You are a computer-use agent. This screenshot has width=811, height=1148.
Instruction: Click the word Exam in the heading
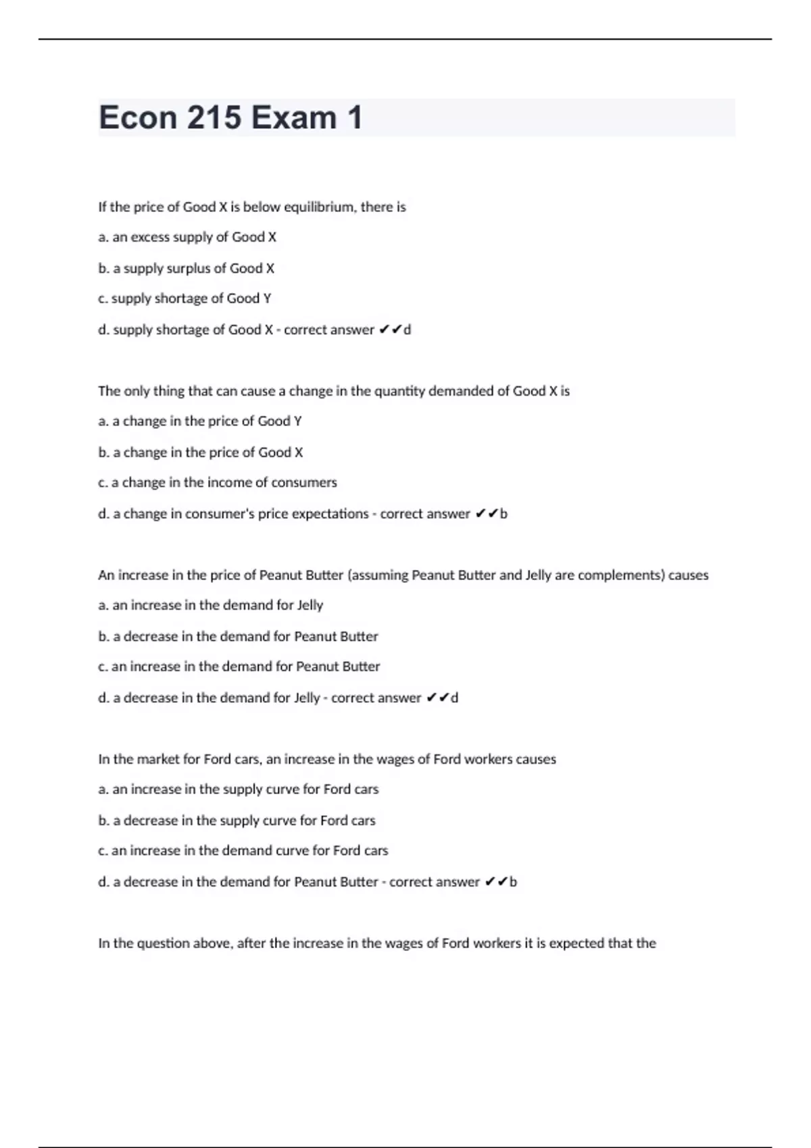293,118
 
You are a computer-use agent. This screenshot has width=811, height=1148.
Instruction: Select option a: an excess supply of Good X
187,237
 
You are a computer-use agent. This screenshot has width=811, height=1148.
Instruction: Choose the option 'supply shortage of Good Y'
185,298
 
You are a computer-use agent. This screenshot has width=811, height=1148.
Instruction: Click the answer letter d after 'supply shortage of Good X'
407,330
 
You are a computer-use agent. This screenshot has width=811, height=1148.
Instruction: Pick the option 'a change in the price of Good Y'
200,421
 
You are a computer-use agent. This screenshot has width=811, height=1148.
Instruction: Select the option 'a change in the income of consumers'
218,483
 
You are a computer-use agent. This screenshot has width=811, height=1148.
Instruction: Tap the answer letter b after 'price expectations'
503,514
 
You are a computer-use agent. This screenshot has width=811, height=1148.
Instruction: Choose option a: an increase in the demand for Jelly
211,606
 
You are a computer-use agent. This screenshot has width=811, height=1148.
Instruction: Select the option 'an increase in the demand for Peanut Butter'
239,667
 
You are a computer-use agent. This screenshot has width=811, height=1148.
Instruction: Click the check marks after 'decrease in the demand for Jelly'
437,698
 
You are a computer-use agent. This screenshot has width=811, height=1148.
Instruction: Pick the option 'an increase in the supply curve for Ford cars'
239,789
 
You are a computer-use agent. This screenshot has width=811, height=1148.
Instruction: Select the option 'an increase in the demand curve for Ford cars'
243,851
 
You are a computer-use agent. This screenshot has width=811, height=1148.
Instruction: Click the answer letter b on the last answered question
513,882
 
